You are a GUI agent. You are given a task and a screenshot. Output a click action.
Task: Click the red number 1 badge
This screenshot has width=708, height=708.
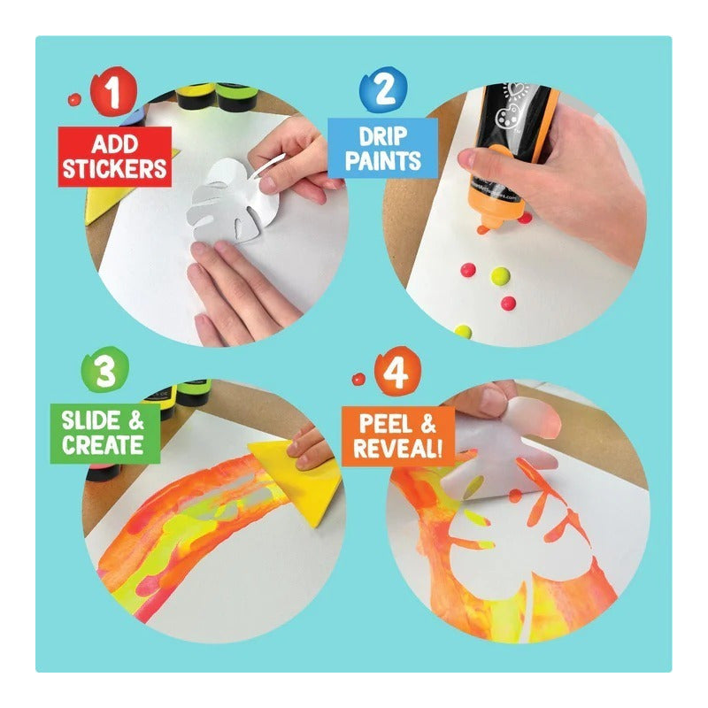[x=113, y=91]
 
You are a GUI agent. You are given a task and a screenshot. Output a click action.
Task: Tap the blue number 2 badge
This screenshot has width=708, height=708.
[x=384, y=89]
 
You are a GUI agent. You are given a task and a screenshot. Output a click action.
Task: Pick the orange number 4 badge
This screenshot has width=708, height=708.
[x=396, y=371]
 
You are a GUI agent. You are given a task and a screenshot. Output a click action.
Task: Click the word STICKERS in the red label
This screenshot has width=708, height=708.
[x=115, y=168]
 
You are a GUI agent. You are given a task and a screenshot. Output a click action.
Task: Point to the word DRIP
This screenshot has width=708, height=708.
[x=383, y=136]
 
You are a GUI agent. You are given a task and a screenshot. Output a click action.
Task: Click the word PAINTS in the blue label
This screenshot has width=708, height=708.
[x=383, y=161]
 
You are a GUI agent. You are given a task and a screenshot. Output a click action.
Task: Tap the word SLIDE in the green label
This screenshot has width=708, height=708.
[x=91, y=420]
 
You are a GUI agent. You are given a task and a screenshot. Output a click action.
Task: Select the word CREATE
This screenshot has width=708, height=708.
[x=103, y=445]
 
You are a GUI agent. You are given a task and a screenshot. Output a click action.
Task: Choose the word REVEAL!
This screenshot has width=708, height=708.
[x=397, y=449]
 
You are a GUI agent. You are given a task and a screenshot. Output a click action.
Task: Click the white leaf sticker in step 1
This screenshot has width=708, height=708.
[x=235, y=198]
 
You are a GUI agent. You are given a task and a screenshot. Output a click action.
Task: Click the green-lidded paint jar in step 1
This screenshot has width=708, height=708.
[x=236, y=96]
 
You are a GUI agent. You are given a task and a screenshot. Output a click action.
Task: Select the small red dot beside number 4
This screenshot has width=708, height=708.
[x=358, y=380]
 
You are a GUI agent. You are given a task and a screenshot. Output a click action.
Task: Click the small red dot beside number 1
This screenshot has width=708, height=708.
[x=74, y=99]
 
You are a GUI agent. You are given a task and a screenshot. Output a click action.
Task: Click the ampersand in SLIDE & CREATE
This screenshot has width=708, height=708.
[x=136, y=420]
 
